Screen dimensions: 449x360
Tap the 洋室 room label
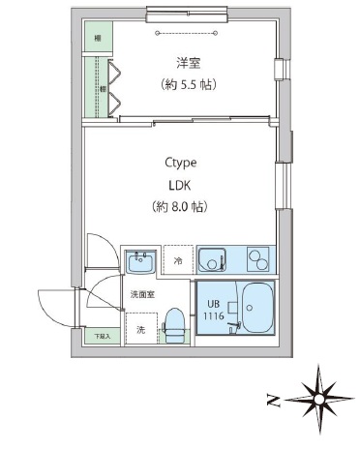click(x=188, y=64)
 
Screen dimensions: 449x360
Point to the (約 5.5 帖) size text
click(x=188, y=84)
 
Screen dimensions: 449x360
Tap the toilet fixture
click(x=175, y=318)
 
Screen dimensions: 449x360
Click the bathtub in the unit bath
click(x=256, y=308)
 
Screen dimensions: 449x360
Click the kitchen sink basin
click(x=212, y=258)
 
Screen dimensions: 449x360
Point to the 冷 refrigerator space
click(x=178, y=260)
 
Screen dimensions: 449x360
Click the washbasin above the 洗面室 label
click(x=142, y=260)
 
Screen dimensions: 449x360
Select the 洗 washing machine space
click(x=140, y=329)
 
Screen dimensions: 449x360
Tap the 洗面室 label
click(x=141, y=293)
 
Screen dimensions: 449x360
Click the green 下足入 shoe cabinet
click(x=102, y=336)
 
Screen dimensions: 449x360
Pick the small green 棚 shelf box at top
click(x=98, y=38)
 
